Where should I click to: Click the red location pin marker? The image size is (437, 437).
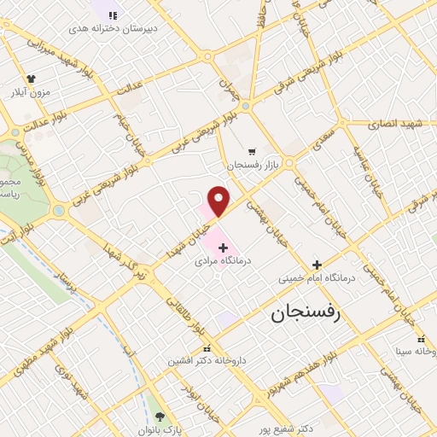219,201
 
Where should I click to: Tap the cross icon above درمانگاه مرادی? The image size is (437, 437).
224,247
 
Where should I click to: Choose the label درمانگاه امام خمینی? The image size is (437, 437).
317,278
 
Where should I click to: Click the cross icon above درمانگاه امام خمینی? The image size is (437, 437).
317,265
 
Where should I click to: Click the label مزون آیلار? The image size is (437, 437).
31,91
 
